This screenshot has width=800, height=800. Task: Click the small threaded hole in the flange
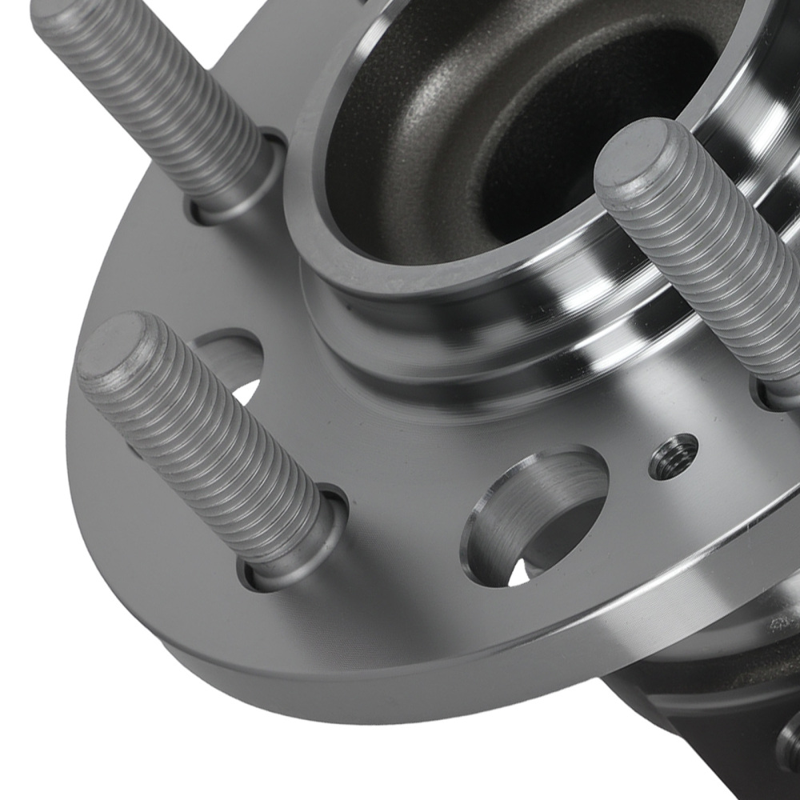[672, 456]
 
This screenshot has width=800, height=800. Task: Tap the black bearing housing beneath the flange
[704, 720]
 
